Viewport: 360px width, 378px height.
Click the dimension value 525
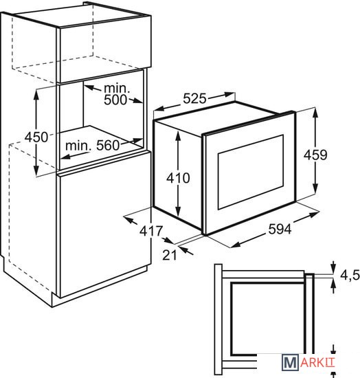click(194, 98)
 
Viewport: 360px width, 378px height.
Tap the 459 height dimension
click(315, 155)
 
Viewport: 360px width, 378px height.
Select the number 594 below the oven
click(280, 229)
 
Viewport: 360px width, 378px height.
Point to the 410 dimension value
click(179, 178)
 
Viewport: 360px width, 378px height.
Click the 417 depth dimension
click(151, 231)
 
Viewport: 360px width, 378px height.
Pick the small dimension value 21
click(170, 254)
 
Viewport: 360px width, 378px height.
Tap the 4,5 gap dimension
click(350, 276)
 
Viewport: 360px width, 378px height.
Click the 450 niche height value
click(36, 137)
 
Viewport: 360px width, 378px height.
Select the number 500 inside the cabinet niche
click(115, 100)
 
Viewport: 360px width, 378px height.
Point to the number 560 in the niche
click(108, 145)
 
